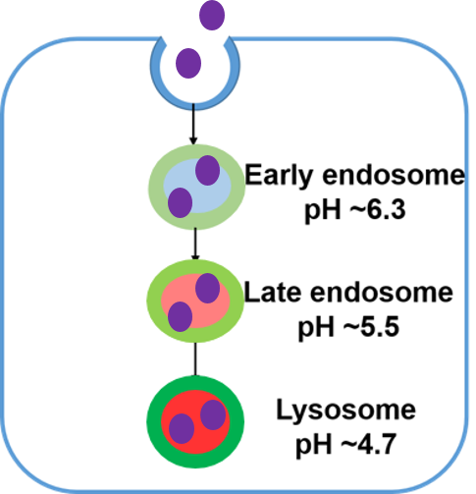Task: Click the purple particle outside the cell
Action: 212,15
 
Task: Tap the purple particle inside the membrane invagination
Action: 188,63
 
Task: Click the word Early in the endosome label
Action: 280,176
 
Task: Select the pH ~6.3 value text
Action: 355,210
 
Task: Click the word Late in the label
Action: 273,292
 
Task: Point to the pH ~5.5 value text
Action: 348,327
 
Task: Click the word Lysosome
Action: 346,410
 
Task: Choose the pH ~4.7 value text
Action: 346,444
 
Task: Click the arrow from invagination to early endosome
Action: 193,124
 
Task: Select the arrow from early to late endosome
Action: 195,245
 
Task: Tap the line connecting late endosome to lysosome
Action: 195,359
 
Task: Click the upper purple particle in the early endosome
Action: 207,170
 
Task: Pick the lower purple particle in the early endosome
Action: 180,202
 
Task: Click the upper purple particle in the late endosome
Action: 207,289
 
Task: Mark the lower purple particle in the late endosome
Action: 180,316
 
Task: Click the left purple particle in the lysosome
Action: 182,428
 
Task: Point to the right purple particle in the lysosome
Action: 213,414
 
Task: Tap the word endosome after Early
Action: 394,175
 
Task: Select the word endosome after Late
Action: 382,292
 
